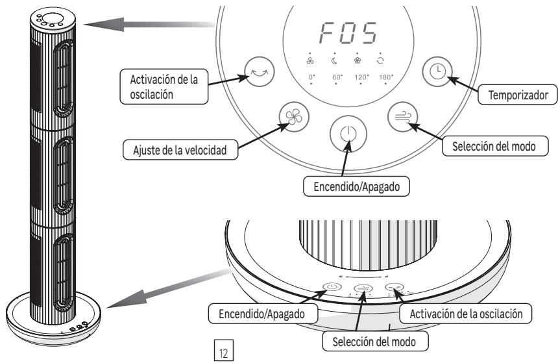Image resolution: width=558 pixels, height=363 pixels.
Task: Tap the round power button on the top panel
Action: click(348, 134)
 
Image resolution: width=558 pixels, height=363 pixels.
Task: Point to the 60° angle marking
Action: click(337, 77)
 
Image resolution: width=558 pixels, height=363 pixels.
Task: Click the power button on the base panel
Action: click(331, 288)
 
